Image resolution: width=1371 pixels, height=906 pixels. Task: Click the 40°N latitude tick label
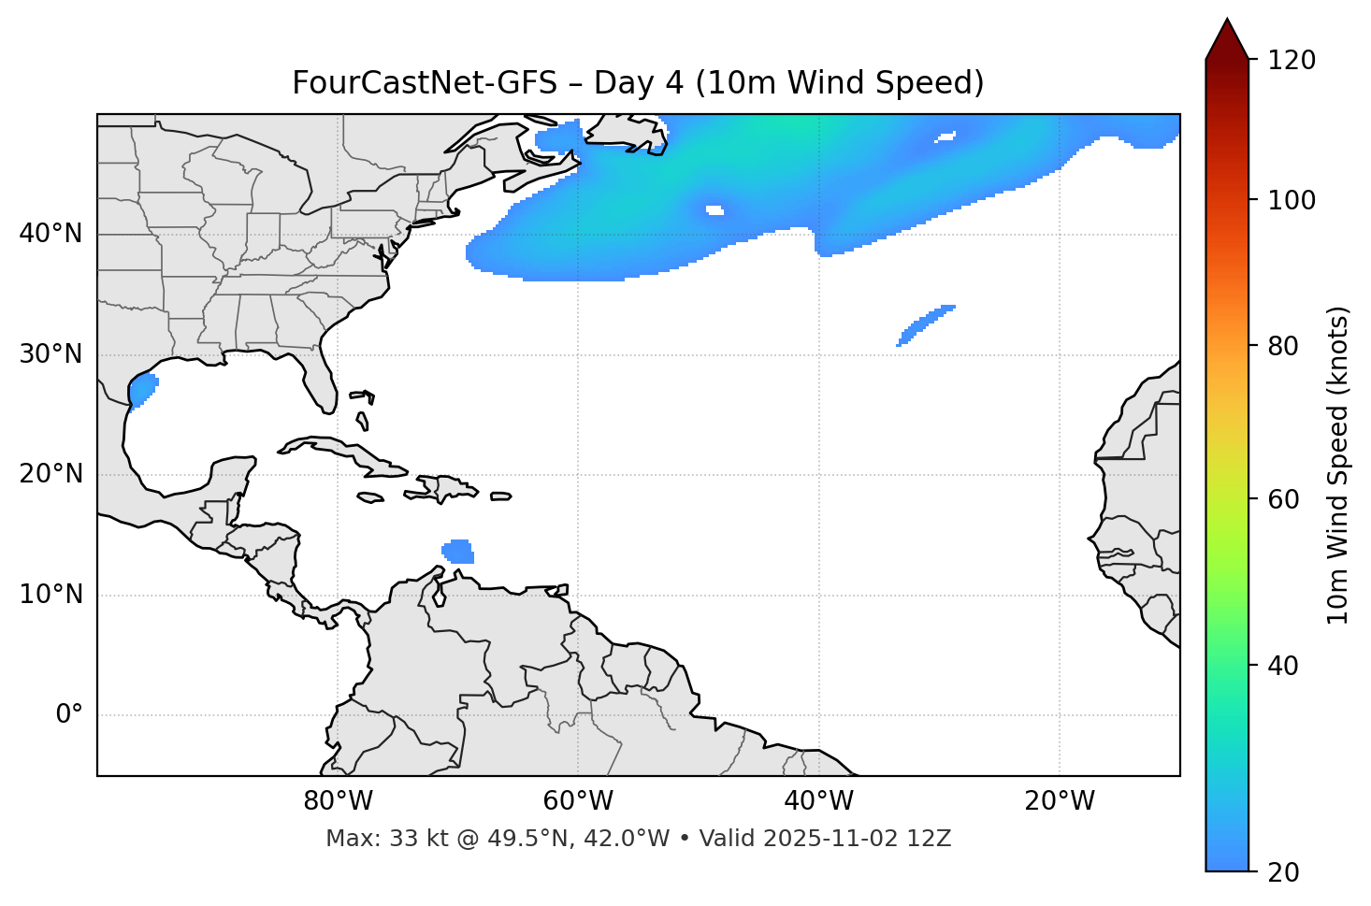[51, 234]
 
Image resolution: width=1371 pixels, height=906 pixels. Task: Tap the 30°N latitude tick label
[51, 354]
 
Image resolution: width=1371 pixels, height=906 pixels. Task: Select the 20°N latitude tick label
[51, 474]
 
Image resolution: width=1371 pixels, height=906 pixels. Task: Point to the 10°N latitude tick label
[51, 595]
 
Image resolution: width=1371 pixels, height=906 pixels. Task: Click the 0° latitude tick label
[69, 715]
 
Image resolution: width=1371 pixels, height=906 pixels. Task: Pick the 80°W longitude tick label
[338, 801]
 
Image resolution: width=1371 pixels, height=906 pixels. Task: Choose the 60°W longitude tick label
[578, 801]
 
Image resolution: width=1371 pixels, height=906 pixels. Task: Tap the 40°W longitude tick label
[818, 801]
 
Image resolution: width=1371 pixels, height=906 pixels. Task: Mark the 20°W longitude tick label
[1060, 801]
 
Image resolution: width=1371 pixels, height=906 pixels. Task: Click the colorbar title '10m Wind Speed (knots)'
[1338, 465]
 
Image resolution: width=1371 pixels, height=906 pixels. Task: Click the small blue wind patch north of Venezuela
[459, 552]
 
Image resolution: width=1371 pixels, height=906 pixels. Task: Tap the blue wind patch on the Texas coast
[142, 389]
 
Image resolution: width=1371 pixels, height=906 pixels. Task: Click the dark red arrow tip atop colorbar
[1227, 37]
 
